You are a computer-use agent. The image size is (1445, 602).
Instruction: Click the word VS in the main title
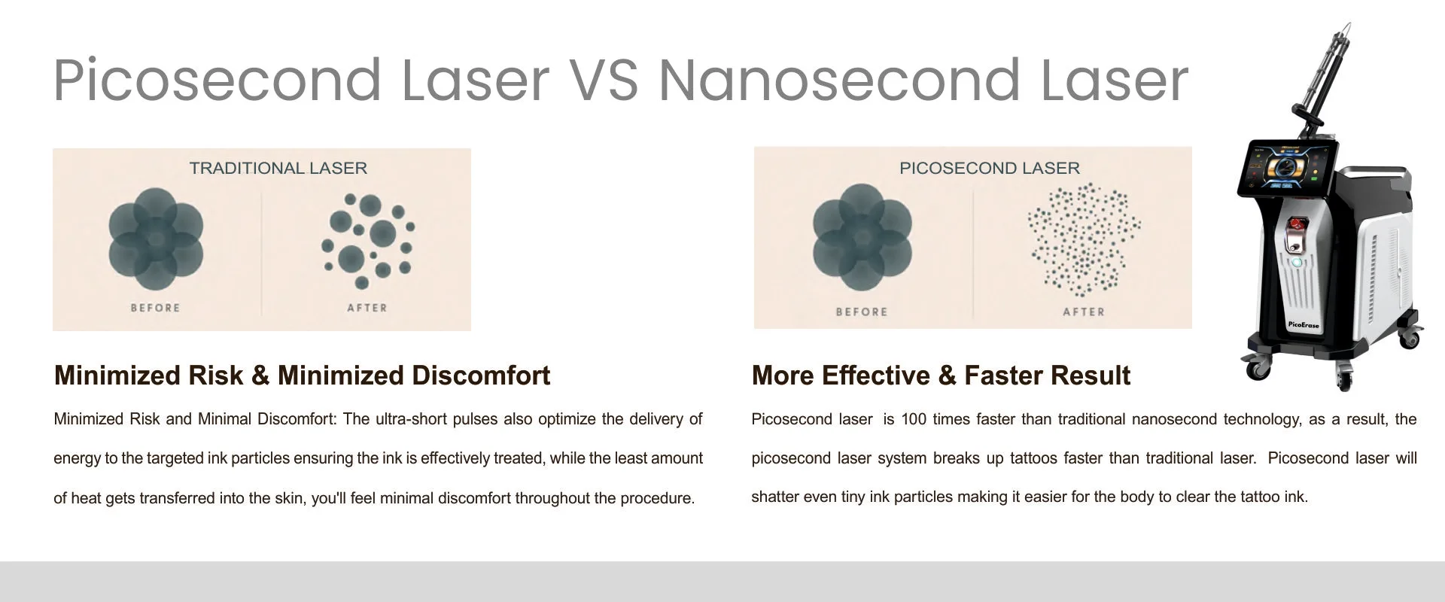[x=602, y=81]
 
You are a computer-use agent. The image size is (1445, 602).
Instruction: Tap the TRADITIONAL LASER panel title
[x=278, y=168]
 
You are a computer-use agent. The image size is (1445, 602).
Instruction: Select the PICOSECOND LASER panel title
[x=990, y=168]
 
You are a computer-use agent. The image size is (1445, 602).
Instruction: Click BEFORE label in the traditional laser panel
[x=156, y=308]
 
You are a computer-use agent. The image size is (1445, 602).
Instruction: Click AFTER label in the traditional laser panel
[x=367, y=308]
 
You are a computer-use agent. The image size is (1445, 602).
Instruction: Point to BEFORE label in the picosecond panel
[x=862, y=312]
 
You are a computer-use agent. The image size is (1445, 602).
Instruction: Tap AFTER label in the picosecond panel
[x=1084, y=312]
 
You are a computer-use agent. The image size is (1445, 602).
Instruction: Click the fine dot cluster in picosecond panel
[x=1084, y=239]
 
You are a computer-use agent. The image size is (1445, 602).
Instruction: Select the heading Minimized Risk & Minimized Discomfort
[x=302, y=375]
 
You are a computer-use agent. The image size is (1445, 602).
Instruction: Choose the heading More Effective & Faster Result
[x=941, y=375]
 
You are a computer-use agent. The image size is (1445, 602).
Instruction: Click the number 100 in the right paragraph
[x=914, y=419]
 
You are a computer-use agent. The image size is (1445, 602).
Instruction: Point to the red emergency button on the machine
[x=1295, y=224]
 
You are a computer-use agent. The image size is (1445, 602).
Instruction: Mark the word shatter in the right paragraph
[x=774, y=497]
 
